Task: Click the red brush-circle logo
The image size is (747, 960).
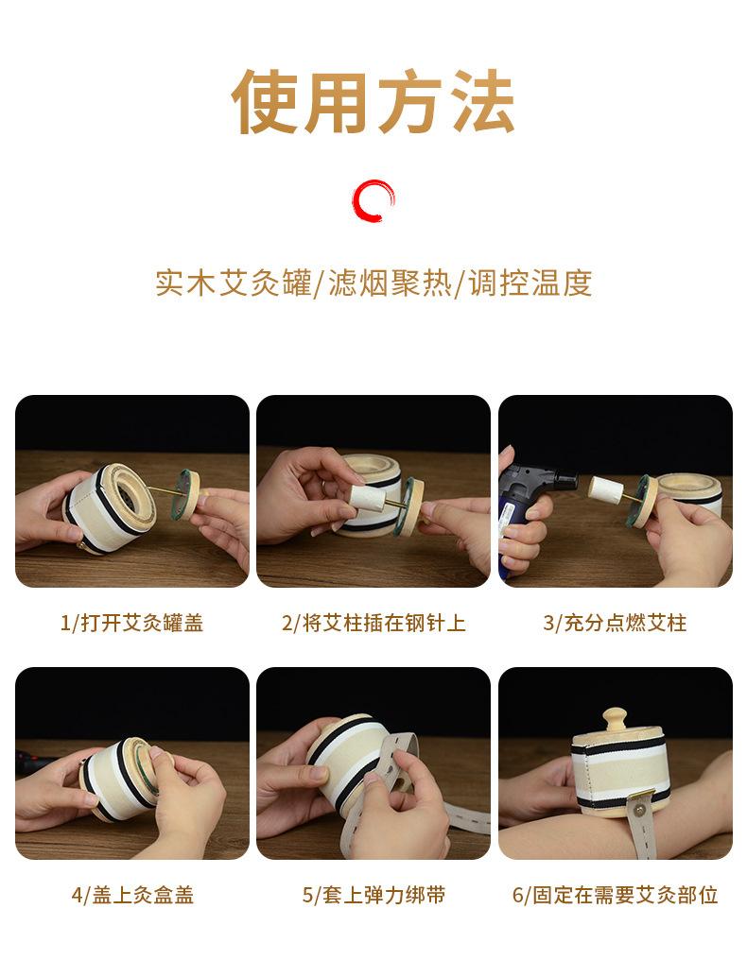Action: pyautogui.click(x=373, y=200)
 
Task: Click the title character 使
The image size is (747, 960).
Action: pyautogui.click(x=266, y=101)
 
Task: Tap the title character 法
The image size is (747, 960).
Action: pyautogui.click(x=479, y=101)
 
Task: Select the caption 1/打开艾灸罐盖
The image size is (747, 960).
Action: pyautogui.click(x=131, y=623)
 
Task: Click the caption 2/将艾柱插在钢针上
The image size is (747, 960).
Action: pyautogui.click(x=373, y=623)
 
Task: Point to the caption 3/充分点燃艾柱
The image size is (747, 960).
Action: pyautogui.click(x=615, y=623)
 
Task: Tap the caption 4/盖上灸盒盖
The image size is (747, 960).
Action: pyautogui.click(x=131, y=895)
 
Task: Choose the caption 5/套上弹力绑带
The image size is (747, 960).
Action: pyautogui.click(x=373, y=895)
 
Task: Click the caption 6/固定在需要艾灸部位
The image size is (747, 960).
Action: pyautogui.click(x=615, y=895)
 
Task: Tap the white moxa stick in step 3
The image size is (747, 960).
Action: pyautogui.click(x=607, y=489)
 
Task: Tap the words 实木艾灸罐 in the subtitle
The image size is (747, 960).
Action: pyautogui.click(x=233, y=283)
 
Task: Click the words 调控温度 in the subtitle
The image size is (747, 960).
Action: pyautogui.click(x=530, y=283)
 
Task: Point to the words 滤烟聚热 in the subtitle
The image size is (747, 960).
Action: pyautogui.click(x=391, y=283)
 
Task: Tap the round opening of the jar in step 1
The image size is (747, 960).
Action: pyautogui.click(x=128, y=498)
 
